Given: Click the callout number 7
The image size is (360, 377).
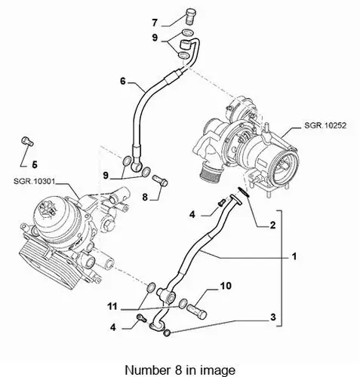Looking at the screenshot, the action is tap(155, 23).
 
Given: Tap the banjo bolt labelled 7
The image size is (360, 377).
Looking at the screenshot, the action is tap(192, 16).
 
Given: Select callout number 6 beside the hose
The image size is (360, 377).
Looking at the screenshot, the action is tap(122, 81).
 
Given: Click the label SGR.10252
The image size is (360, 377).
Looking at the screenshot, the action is tap(325, 125).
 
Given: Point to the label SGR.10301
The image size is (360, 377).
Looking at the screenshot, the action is tap(34, 181).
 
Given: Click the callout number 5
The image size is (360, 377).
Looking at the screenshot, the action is tap(35, 164).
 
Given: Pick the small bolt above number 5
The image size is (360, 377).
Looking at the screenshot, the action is tap(27, 141).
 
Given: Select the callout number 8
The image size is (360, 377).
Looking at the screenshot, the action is tap(145, 197).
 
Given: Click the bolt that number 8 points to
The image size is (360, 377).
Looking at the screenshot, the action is tap(160, 181).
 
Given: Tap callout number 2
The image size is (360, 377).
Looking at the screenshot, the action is tap(272, 225).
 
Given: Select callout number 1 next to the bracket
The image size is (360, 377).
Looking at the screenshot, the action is tap(294, 256).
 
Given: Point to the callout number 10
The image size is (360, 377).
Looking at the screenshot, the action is tap(226, 286).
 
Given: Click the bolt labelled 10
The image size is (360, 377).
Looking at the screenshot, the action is tap(196, 311).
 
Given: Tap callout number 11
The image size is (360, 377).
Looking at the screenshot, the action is tap(112, 306).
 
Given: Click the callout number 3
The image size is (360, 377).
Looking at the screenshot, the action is tap(273, 317).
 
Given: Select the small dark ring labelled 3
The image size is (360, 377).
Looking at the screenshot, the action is tap(167, 333).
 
